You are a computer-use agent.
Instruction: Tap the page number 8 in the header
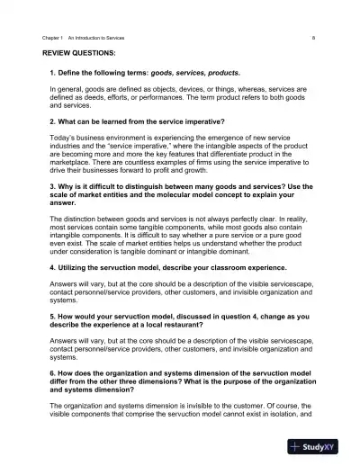[x=312, y=39]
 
